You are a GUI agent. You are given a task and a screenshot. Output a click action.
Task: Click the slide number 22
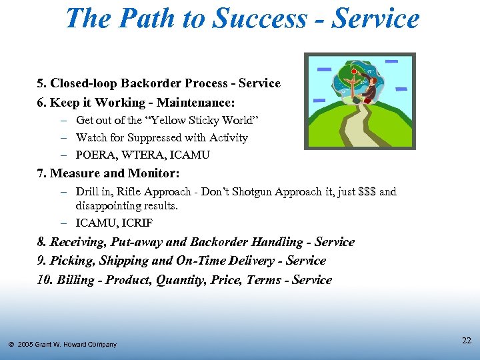tap(467, 341)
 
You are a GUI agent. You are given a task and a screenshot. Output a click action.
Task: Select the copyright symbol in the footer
tap(11, 345)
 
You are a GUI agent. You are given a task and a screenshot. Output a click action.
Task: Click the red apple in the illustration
tap(353, 70)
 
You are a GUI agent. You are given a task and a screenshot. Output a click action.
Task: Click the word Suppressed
tap(155, 137)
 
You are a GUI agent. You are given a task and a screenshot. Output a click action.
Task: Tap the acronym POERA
tap(95, 155)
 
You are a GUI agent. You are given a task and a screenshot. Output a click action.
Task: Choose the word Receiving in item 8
tap(77, 242)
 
